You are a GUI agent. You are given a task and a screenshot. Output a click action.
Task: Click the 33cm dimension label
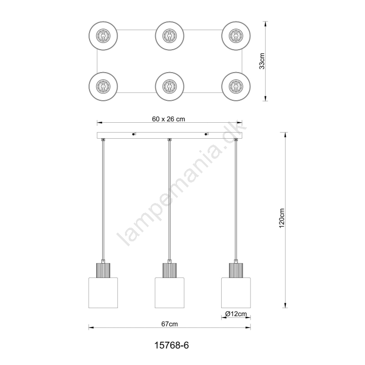click(x=262, y=61)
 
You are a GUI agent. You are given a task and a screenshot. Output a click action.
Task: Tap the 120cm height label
click(x=282, y=218)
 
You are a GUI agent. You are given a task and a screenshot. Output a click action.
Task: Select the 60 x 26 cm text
click(x=168, y=119)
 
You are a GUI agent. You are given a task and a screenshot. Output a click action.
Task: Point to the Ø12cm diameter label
click(x=236, y=314)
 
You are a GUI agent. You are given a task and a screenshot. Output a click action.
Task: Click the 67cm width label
click(x=169, y=324)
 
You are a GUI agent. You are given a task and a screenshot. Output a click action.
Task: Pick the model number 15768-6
click(x=172, y=345)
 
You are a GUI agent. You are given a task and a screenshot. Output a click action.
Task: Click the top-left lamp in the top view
click(x=103, y=36)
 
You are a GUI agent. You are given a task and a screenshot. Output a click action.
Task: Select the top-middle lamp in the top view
click(x=170, y=36)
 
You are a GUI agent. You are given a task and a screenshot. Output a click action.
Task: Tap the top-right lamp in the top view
click(x=236, y=36)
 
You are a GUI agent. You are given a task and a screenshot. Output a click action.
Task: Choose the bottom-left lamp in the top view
click(x=103, y=86)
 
